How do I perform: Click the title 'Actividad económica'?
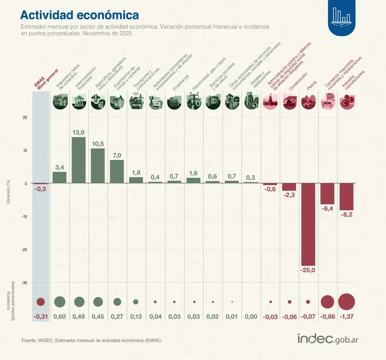[x=80, y=15]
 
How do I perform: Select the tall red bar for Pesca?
[x=308, y=224]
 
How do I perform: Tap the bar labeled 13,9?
[x=79, y=160]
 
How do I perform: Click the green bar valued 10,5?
[x=98, y=166]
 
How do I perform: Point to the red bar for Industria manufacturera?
[x=346, y=196]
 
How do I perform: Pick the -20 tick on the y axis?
[x=25, y=250]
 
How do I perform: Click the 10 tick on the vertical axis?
[x=25, y=150]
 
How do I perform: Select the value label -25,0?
[x=308, y=271]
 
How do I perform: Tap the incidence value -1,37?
[x=346, y=317]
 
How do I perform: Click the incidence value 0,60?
[x=59, y=317]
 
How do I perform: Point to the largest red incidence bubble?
[x=346, y=302]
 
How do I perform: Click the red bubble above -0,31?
[x=40, y=302]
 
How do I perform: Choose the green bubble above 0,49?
[x=79, y=302]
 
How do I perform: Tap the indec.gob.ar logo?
[x=328, y=338]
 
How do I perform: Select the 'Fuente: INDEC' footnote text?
[x=92, y=340]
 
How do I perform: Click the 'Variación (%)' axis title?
[x=8, y=192]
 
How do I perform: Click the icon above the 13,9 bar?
[x=79, y=102]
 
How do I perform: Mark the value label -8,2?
[x=346, y=215]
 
